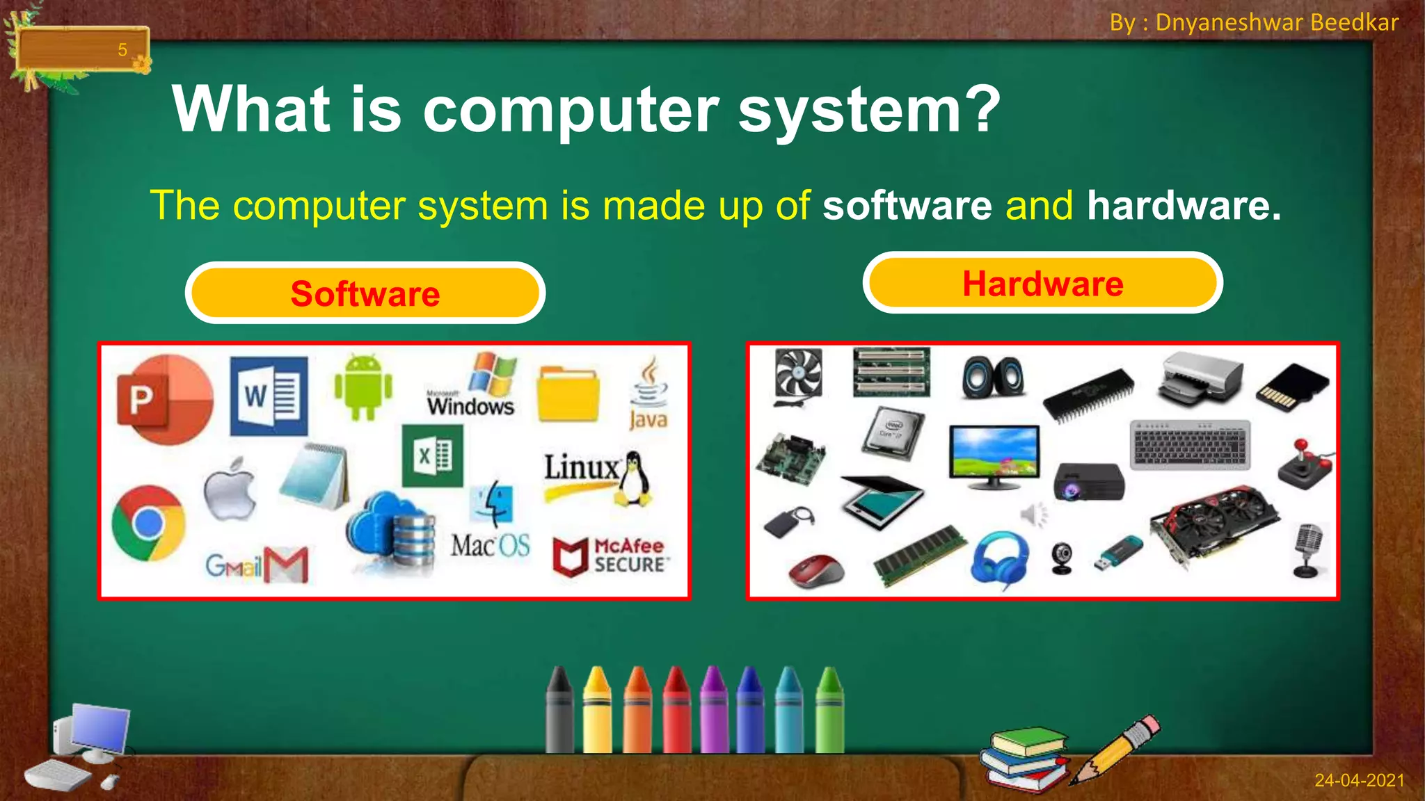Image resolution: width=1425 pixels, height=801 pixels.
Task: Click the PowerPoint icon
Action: tap(165, 399)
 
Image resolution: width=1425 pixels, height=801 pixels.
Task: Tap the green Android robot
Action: tap(363, 387)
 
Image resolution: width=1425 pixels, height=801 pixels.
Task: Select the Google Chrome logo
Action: tap(148, 523)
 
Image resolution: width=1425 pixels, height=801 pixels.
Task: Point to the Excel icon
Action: tap(432, 456)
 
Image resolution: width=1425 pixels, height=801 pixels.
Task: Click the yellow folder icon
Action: tap(568, 394)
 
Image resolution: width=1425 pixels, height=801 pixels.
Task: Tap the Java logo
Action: tap(648, 394)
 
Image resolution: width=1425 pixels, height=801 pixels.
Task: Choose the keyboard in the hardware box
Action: tap(1190, 445)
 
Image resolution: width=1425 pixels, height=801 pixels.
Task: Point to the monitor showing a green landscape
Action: tap(994, 455)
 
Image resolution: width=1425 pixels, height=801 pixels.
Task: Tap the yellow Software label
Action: tap(365, 293)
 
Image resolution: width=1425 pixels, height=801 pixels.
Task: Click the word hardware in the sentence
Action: tap(1184, 206)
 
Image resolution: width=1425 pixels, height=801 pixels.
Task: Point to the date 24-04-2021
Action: tap(1359, 780)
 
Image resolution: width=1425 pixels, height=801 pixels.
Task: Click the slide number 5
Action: tap(122, 50)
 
